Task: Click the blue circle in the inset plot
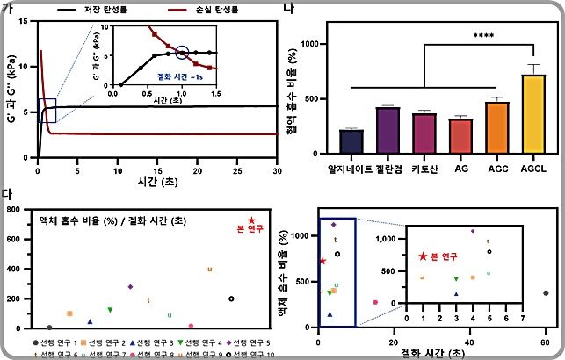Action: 183,53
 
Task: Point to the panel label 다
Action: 7,191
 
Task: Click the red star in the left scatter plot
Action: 251,221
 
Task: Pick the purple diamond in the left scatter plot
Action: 130,286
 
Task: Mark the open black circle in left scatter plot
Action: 231,299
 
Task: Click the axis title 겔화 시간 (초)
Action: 431,351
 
